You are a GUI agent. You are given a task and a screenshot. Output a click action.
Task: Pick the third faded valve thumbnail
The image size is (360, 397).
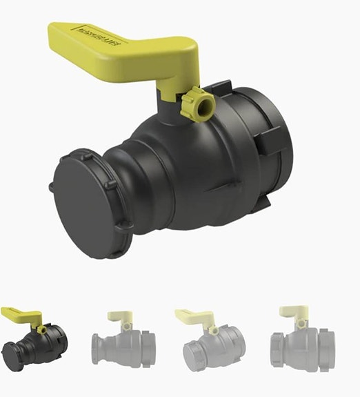(x=210, y=338)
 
